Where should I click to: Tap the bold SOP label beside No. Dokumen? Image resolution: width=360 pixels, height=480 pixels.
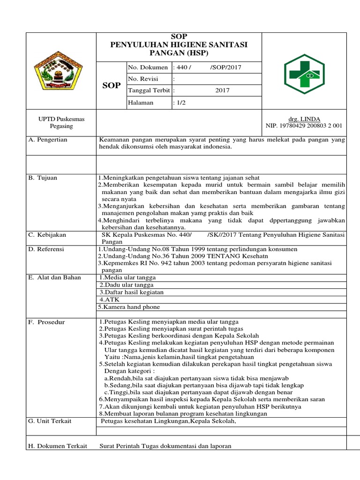111,86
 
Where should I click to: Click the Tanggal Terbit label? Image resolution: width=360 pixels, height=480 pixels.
149,91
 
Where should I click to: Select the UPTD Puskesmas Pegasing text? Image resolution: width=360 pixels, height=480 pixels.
61,123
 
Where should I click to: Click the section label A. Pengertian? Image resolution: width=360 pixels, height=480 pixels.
48,140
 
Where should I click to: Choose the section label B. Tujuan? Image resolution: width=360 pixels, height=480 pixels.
43,178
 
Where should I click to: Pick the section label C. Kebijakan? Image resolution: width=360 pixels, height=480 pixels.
47,234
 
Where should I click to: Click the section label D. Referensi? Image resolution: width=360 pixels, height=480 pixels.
46,249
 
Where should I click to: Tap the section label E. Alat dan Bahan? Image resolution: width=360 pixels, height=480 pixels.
54,277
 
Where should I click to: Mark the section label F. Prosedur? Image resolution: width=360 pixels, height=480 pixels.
46,322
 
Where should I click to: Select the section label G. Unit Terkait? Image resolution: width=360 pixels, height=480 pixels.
50,421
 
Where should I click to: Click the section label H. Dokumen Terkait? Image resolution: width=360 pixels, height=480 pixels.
58,446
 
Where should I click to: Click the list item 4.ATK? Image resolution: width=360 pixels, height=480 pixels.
107,300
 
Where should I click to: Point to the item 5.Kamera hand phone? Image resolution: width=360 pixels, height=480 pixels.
129,307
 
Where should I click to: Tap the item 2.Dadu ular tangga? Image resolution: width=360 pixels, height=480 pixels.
127,285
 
